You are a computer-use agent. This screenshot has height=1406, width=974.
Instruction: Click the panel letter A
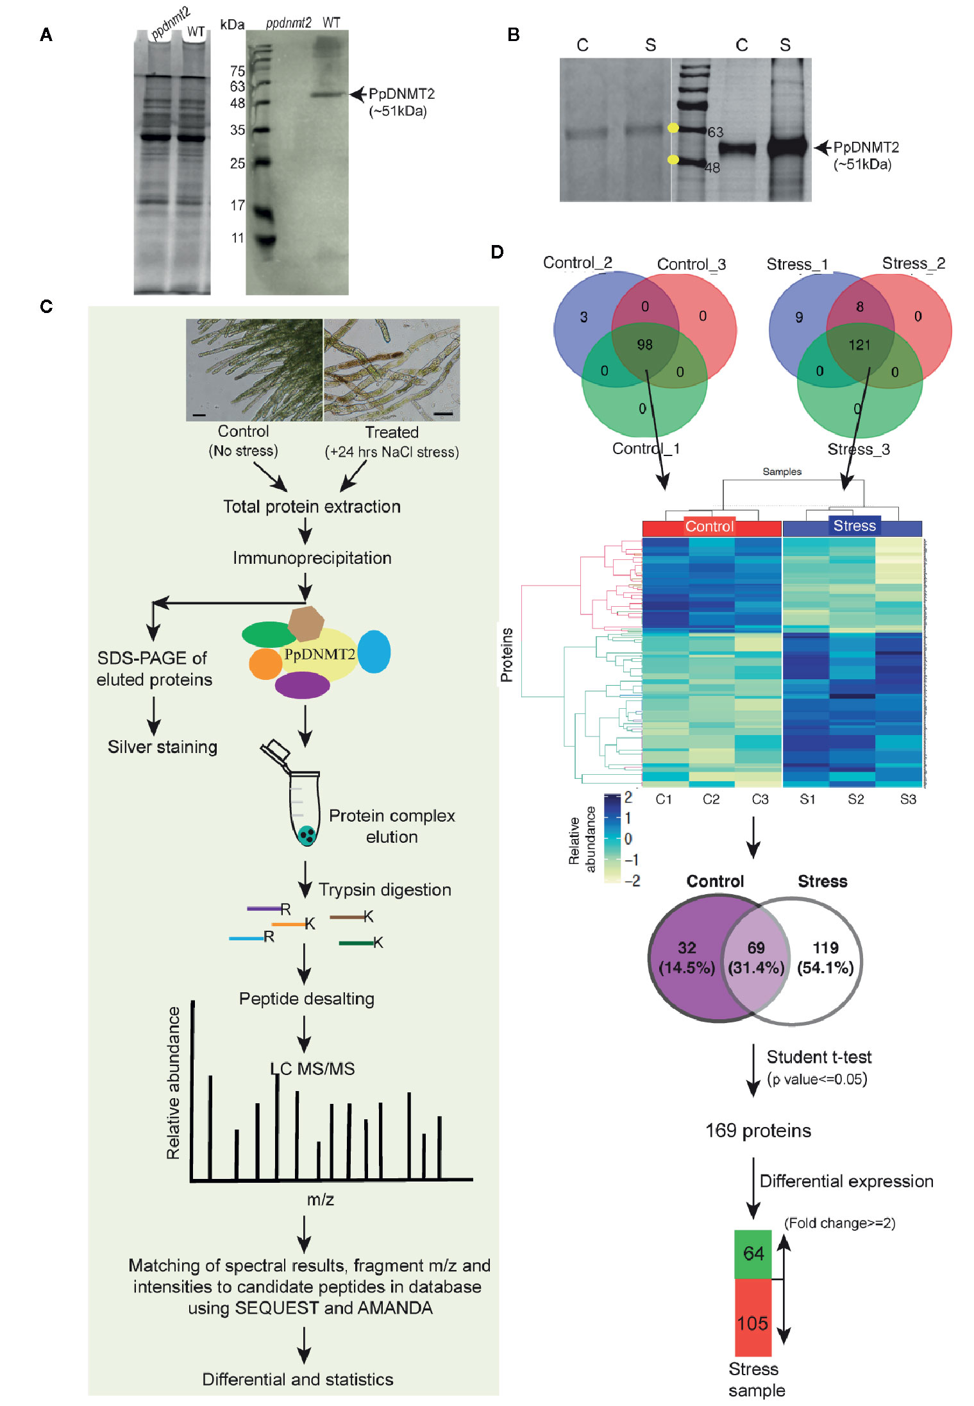pos(46,35)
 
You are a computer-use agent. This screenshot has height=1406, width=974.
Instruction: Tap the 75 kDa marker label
pos(237,71)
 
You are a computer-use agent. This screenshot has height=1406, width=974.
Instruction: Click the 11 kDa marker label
pos(237,238)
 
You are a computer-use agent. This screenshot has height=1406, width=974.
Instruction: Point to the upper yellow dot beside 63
pos(673,128)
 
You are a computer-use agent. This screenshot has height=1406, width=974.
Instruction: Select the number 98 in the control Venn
pos(644,345)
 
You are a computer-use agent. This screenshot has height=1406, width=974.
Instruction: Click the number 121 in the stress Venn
pos(859,345)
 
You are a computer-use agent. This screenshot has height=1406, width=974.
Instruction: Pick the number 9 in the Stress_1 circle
pos(799,317)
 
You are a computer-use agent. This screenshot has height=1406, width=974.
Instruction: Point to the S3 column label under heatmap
pos(908,799)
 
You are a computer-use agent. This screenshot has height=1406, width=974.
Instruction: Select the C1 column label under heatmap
pos(664,799)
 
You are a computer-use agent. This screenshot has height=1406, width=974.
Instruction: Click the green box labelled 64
pos(753,1253)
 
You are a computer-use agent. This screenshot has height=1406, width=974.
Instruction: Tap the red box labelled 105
pos(753,1323)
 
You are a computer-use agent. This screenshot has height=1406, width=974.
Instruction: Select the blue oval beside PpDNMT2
pos(374,652)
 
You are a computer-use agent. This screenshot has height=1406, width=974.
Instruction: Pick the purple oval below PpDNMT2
pos(302,685)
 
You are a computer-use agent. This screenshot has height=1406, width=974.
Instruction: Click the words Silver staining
pos(162,747)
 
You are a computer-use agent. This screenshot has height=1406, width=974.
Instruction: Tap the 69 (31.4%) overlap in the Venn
pos(756,957)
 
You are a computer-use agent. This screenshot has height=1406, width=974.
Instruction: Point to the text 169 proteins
pos(758,1130)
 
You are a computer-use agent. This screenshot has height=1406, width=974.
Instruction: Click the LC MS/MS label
pos(312,1069)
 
